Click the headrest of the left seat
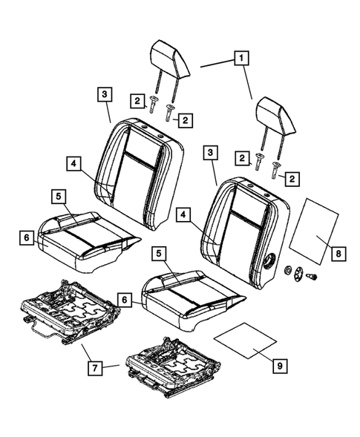(x=170, y=58)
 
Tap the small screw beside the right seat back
(x=312, y=275)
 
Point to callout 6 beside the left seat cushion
(x=26, y=237)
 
